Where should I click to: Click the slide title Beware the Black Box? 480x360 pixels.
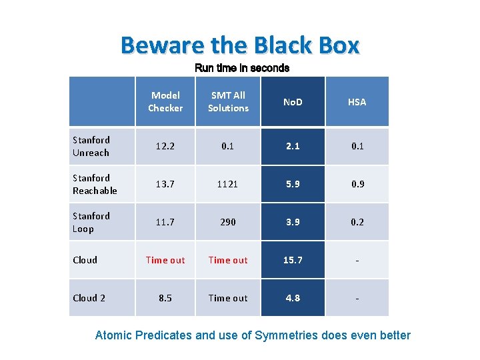(240, 45)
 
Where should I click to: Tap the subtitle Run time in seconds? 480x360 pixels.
(241, 68)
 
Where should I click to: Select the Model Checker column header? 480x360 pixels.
(165, 101)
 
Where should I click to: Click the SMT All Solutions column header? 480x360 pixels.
(228, 101)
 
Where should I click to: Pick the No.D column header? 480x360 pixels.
(292, 102)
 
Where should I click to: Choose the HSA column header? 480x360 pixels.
(357, 102)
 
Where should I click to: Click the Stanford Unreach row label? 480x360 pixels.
(91, 146)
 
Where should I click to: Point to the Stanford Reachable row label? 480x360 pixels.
(95, 184)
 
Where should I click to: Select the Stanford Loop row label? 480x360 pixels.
(91, 222)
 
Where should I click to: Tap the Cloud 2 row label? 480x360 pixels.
(89, 298)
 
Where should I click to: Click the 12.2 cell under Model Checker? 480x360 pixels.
(165, 146)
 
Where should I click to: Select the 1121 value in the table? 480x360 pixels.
(228, 184)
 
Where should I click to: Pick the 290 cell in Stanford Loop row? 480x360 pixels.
(228, 222)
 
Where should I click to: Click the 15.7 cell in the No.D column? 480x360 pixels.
(292, 260)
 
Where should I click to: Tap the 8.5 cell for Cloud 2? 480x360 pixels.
(165, 298)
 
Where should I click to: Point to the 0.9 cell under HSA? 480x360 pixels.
(357, 184)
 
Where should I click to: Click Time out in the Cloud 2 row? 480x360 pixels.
(228, 298)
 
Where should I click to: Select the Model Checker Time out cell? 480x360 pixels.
(165, 260)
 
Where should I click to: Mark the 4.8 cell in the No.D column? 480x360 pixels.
(292, 298)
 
